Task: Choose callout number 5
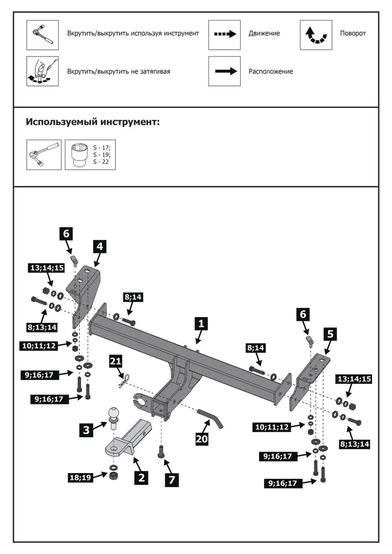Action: click(330, 334)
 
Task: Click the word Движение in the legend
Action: click(264, 34)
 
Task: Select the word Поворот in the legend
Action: click(353, 34)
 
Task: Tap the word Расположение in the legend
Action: click(271, 71)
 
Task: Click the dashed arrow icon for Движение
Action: click(225, 34)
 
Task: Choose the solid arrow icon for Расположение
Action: click(225, 71)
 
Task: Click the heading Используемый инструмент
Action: click(93, 121)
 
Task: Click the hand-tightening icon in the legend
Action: click(42, 71)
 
